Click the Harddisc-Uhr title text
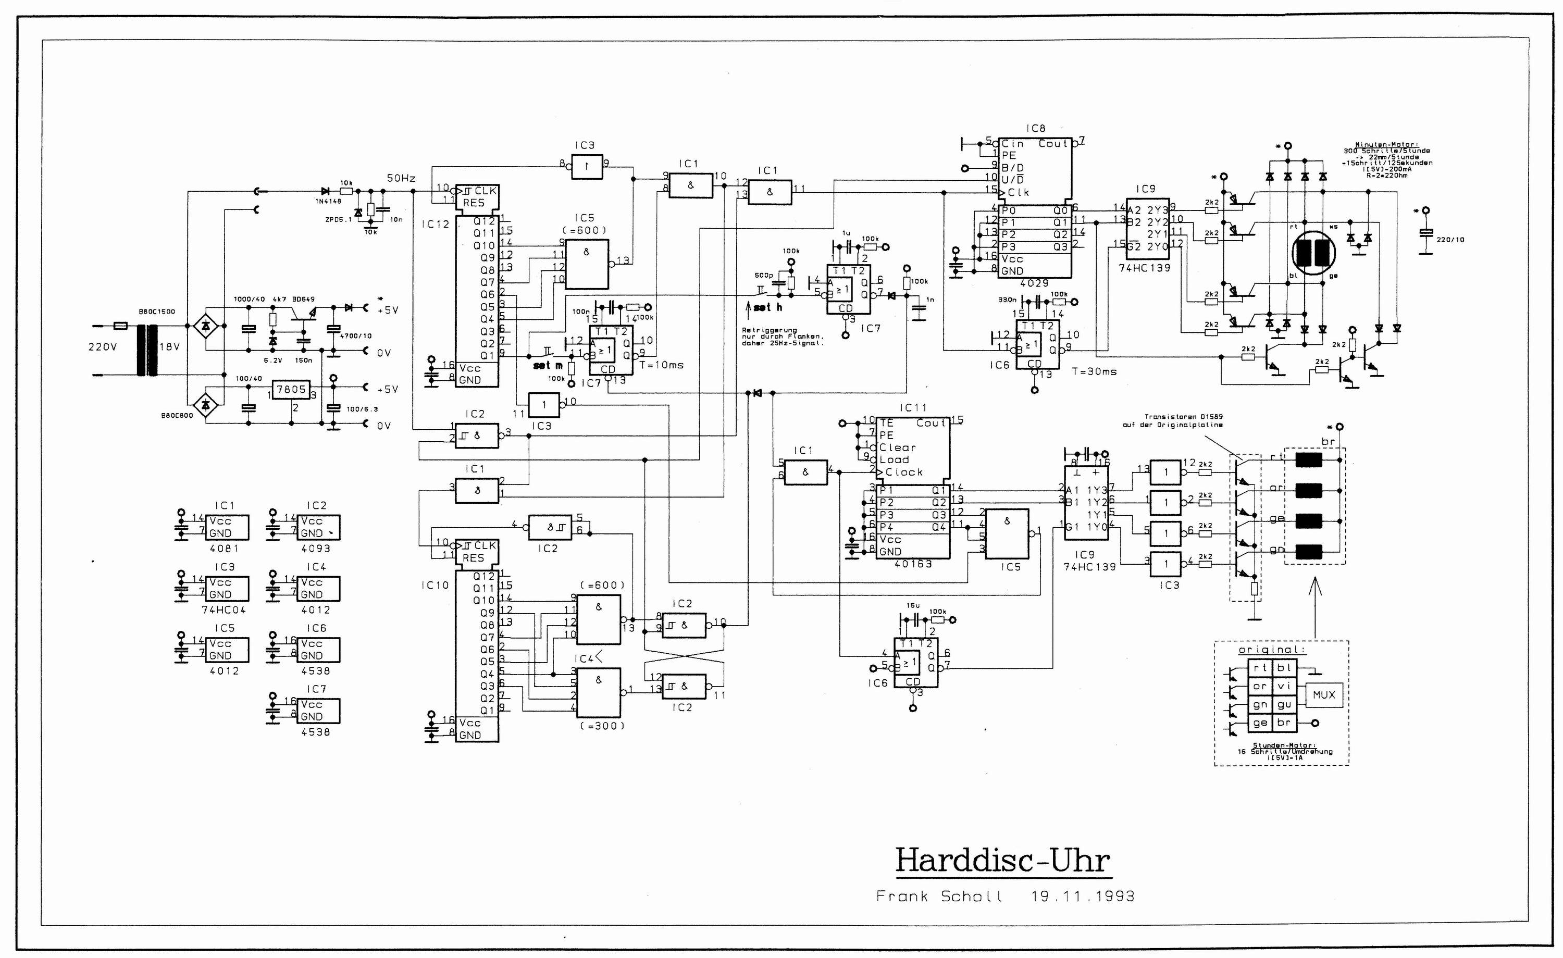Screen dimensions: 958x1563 pyautogui.click(x=1002, y=860)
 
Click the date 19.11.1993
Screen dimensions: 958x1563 pyautogui.click(x=1082, y=897)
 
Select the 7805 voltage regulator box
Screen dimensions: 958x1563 pyautogui.click(x=291, y=390)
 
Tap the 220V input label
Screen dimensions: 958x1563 pyautogui.click(x=103, y=347)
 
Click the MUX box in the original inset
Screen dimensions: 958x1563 pyautogui.click(x=1324, y=695)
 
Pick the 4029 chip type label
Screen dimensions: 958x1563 pyautogui.click(x=1034, y=283)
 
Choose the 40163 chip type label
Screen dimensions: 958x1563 pyautogui.click(x=913, y=563)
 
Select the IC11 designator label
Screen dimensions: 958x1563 pyautogui.click(x=913, y=408)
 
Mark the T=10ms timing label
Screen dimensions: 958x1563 pyautogui.click(x=662, y=365)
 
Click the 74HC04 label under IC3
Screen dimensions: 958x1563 pyautogui.click(x=224, y=609)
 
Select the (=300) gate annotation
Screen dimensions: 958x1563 pyautogui.click(x=602, y=726)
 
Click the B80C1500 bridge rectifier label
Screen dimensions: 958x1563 pyautogui.click(x=157, y=312)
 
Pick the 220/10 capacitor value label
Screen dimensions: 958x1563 pyautogui.click(x=1450, y=240)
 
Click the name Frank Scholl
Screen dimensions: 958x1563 pyautogui.click(x=939, y=897)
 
